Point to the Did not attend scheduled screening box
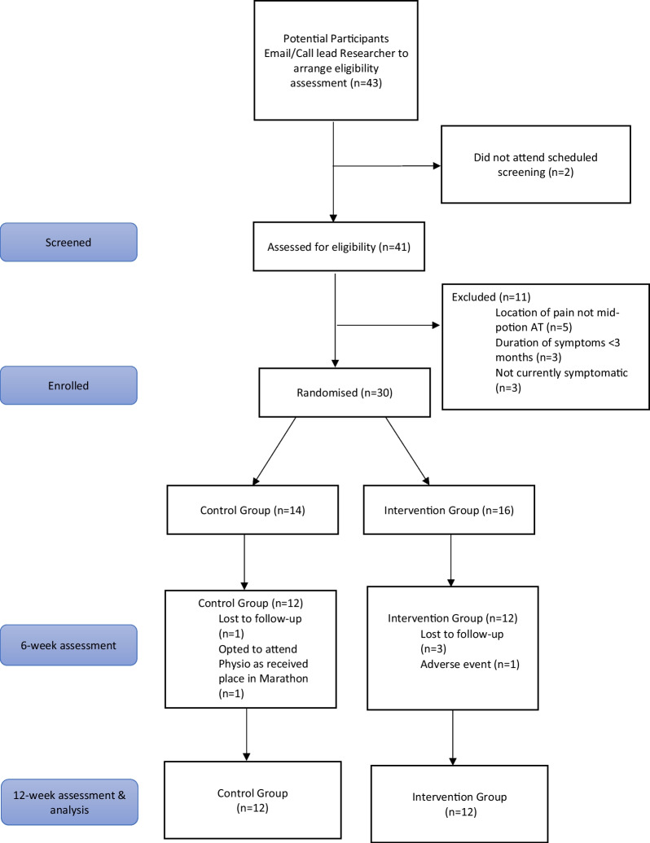tap(535, 164)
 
